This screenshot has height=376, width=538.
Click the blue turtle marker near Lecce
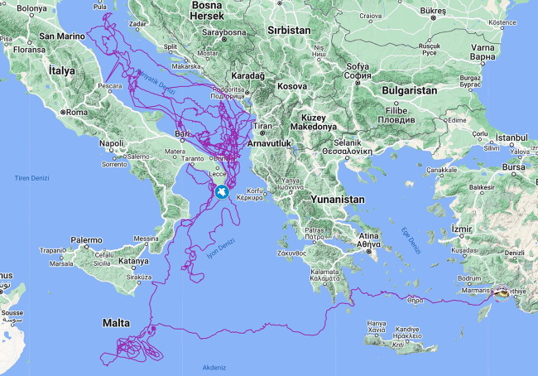coord(222,192)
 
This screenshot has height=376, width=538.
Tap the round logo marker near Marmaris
coord(502,292)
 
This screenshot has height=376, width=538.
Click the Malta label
coord(117,321)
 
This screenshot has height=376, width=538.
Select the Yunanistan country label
coord(337,200)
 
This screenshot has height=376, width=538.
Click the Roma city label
coord(76,112)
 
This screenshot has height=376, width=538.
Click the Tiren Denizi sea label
coord(33,178)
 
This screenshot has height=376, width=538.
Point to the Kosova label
coord(292,85)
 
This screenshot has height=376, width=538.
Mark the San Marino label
coord(58,36)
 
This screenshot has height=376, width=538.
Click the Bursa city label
coord(513,166)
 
